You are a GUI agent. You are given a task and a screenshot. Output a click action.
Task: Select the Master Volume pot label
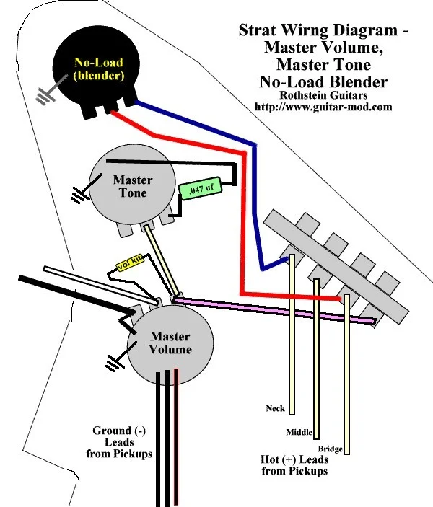pyautogui.click(x=171, y=343)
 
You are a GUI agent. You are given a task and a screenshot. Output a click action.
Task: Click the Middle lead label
pyautogui.click(x=299, y=432)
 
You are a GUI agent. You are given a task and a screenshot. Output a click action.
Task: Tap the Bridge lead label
pyautogui.click(x=330, y=449)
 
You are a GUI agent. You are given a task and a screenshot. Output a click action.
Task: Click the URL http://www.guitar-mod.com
pyautogui.click(x=323, y=107)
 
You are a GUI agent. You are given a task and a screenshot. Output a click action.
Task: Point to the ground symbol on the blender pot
pyautogui.click(x=48, y=93)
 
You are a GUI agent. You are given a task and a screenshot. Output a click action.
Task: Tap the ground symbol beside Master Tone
pyautogui.click(x=79, y=193)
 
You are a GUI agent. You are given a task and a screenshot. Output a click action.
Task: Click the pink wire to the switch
pyautogui.click(x=274, y=307)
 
